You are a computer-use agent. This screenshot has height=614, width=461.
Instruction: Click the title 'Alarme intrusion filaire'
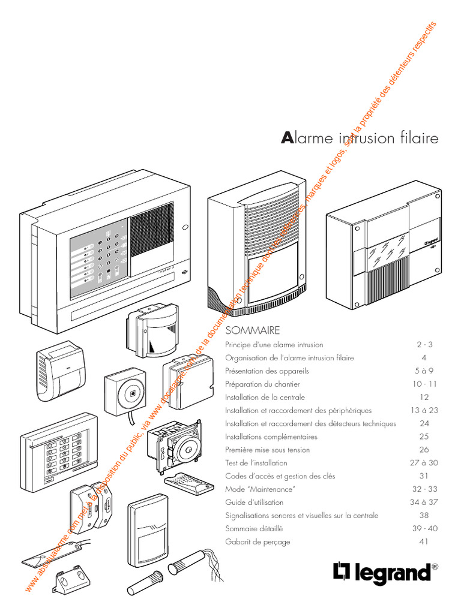[x=360, y=138]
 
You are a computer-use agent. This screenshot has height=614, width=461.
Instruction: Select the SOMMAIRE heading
[x=253, y=330]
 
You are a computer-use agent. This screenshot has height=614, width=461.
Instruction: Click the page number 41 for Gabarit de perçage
[x=424, y=541]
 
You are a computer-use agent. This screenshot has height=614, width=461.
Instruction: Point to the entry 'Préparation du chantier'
[x=262, y=384]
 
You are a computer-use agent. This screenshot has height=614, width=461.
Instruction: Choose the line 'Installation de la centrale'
[x=265, y=397]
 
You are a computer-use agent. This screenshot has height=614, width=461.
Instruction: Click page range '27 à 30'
[x=424, y=463]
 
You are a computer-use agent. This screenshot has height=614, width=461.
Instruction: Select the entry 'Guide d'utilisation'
[x=254, y=502]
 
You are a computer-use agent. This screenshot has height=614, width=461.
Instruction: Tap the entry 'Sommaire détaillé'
[x=254, y=528]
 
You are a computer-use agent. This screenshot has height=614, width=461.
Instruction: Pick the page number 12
[x=424, y=397]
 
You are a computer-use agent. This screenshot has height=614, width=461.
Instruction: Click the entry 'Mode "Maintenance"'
[x=252, y=489]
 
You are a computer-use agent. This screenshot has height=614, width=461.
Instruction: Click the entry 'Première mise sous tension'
[x=267, y=450]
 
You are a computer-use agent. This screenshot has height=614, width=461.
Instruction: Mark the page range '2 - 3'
[x=424, y=345]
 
